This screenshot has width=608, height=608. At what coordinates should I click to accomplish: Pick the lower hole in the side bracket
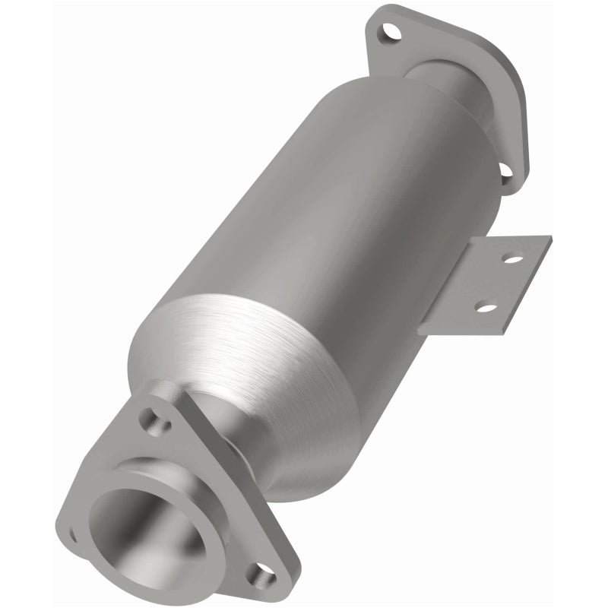[486, 308]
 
